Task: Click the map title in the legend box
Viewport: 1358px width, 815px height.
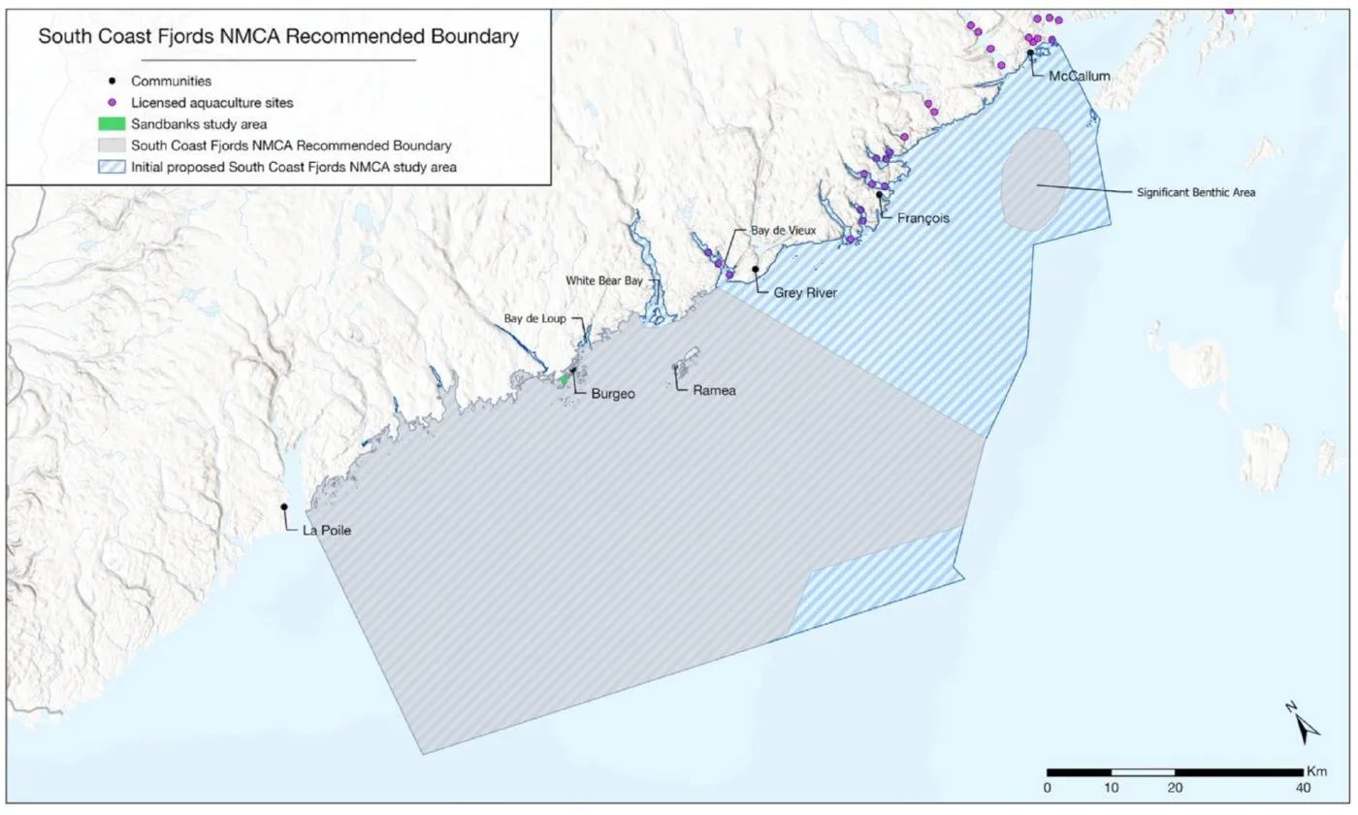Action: [x=277, y=38]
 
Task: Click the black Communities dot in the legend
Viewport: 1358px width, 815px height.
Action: [x=113, y=81]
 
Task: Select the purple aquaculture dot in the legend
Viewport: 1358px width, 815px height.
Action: [x=113, y=103]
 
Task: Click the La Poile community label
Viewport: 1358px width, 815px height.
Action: [x=327, y=531]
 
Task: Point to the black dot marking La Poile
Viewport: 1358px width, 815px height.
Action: [x=284, y=507]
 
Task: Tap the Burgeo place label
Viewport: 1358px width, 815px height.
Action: [x=613, y=395]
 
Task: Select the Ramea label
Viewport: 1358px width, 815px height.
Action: [x=715, y=391]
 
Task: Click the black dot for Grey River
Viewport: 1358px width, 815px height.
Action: [x=756, y=269]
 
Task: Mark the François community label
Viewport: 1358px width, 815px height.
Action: [x=922, y=218]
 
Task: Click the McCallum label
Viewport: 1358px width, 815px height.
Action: [x=1077, y=75]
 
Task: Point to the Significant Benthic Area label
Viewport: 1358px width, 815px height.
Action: [x=1196, y=192]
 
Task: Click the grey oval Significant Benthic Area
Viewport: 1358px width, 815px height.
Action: [x=1036, y=179]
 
